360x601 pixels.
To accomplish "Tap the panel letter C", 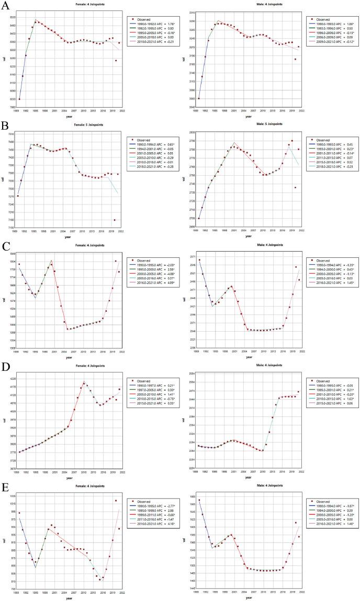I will tap(6, 246).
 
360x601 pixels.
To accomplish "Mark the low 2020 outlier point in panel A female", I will tap(116, 61).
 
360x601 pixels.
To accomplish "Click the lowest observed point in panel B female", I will tap(115, 220).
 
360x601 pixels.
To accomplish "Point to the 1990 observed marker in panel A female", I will tap(19, 99).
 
